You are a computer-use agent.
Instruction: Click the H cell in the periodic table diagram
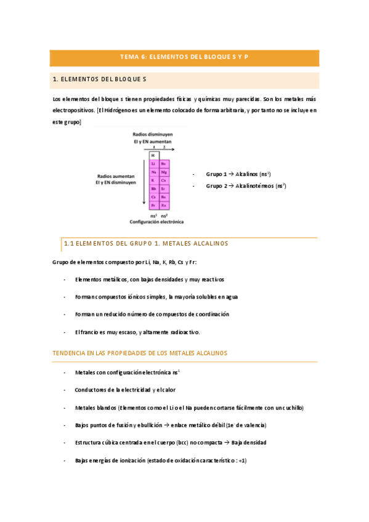click(x=153, y=155)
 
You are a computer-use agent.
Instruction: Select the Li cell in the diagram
click(x=153, y=164)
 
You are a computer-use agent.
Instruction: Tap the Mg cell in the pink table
click(x=164, y=172)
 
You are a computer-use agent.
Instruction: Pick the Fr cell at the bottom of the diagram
click(x=153, y=206)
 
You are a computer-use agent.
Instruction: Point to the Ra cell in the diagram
click(x=164, y=206)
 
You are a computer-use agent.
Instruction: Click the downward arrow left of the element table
click(x=144, y=179)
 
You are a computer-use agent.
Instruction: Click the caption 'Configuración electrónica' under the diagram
click(x=156, y=222)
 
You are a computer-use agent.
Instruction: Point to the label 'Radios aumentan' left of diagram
click(x=115, y=175)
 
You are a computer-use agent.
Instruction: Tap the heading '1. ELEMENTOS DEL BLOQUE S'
click(x=99, y=79)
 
